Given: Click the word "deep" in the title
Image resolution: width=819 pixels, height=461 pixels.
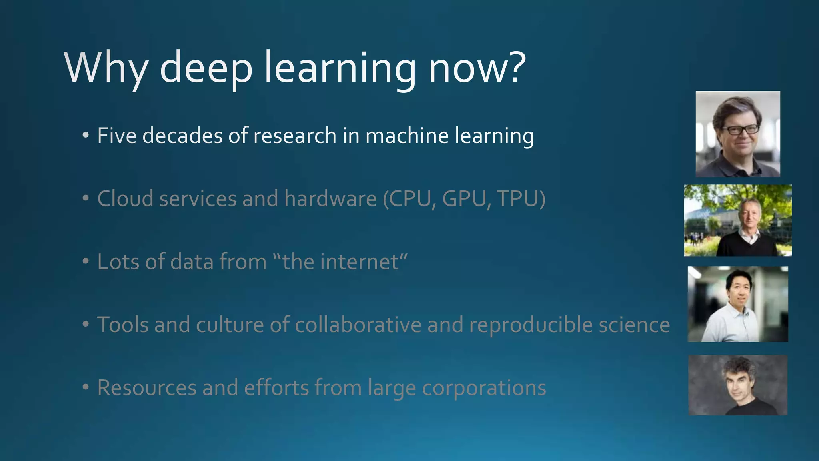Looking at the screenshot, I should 206,68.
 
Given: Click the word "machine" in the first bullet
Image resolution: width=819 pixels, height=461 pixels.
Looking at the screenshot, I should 407,135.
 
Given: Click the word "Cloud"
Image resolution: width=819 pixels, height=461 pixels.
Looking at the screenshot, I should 125,198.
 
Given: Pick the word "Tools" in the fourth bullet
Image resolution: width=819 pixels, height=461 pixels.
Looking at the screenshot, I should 123,325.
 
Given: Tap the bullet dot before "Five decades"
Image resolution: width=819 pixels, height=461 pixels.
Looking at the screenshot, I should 85,136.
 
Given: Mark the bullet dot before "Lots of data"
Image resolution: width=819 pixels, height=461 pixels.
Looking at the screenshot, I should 85,262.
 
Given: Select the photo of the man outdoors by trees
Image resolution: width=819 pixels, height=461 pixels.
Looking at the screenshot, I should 738,220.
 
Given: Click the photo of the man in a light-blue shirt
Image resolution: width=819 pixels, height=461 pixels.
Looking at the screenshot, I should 738,304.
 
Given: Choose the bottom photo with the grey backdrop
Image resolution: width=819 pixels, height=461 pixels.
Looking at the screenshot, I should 738,385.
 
